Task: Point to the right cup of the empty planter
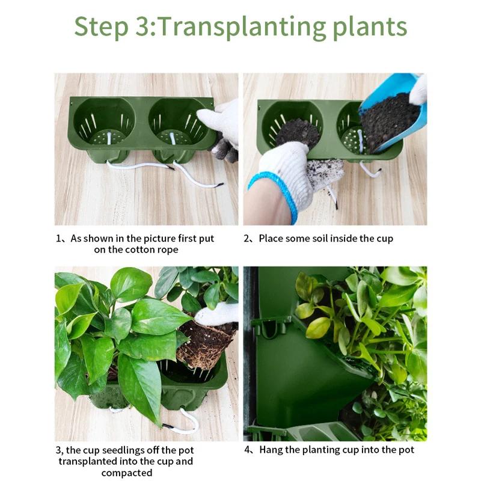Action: tap(177, 123)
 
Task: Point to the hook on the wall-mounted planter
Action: tap(268, 328)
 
